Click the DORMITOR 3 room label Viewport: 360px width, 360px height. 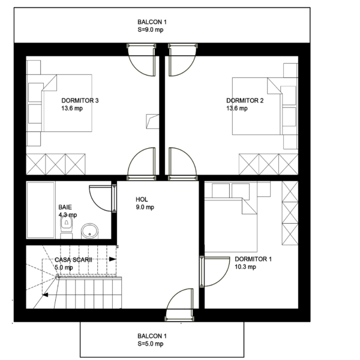tap(80, 101)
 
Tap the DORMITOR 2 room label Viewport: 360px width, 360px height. tap(245, 101)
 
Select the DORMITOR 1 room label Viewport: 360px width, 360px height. tap(253, 259)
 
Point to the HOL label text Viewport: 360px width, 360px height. tap(142, 199)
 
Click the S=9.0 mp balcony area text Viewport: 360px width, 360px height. tap(151, 30)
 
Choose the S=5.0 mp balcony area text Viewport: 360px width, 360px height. tap(151, 344)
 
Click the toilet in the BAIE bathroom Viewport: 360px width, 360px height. tap(67, 227)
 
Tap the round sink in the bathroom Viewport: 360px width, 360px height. tap(89, 231)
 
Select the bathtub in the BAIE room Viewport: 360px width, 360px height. tap(41, 210)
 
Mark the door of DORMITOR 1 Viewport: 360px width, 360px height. tap(215, 272)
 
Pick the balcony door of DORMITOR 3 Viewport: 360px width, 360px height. tap(142, 59)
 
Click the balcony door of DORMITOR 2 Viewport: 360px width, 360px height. tap(182, 59)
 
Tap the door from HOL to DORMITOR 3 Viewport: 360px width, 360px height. tap(142, 164)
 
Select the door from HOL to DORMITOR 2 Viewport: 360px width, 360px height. tap(183, 164)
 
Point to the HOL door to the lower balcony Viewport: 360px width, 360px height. tap(179, 304)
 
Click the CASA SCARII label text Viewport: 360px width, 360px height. tap(73, 260)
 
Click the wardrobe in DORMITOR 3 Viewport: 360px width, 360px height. tap(56, 164)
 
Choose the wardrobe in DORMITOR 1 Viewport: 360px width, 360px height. tap(290, 213)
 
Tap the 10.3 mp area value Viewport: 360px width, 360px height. tap(245, 267)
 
